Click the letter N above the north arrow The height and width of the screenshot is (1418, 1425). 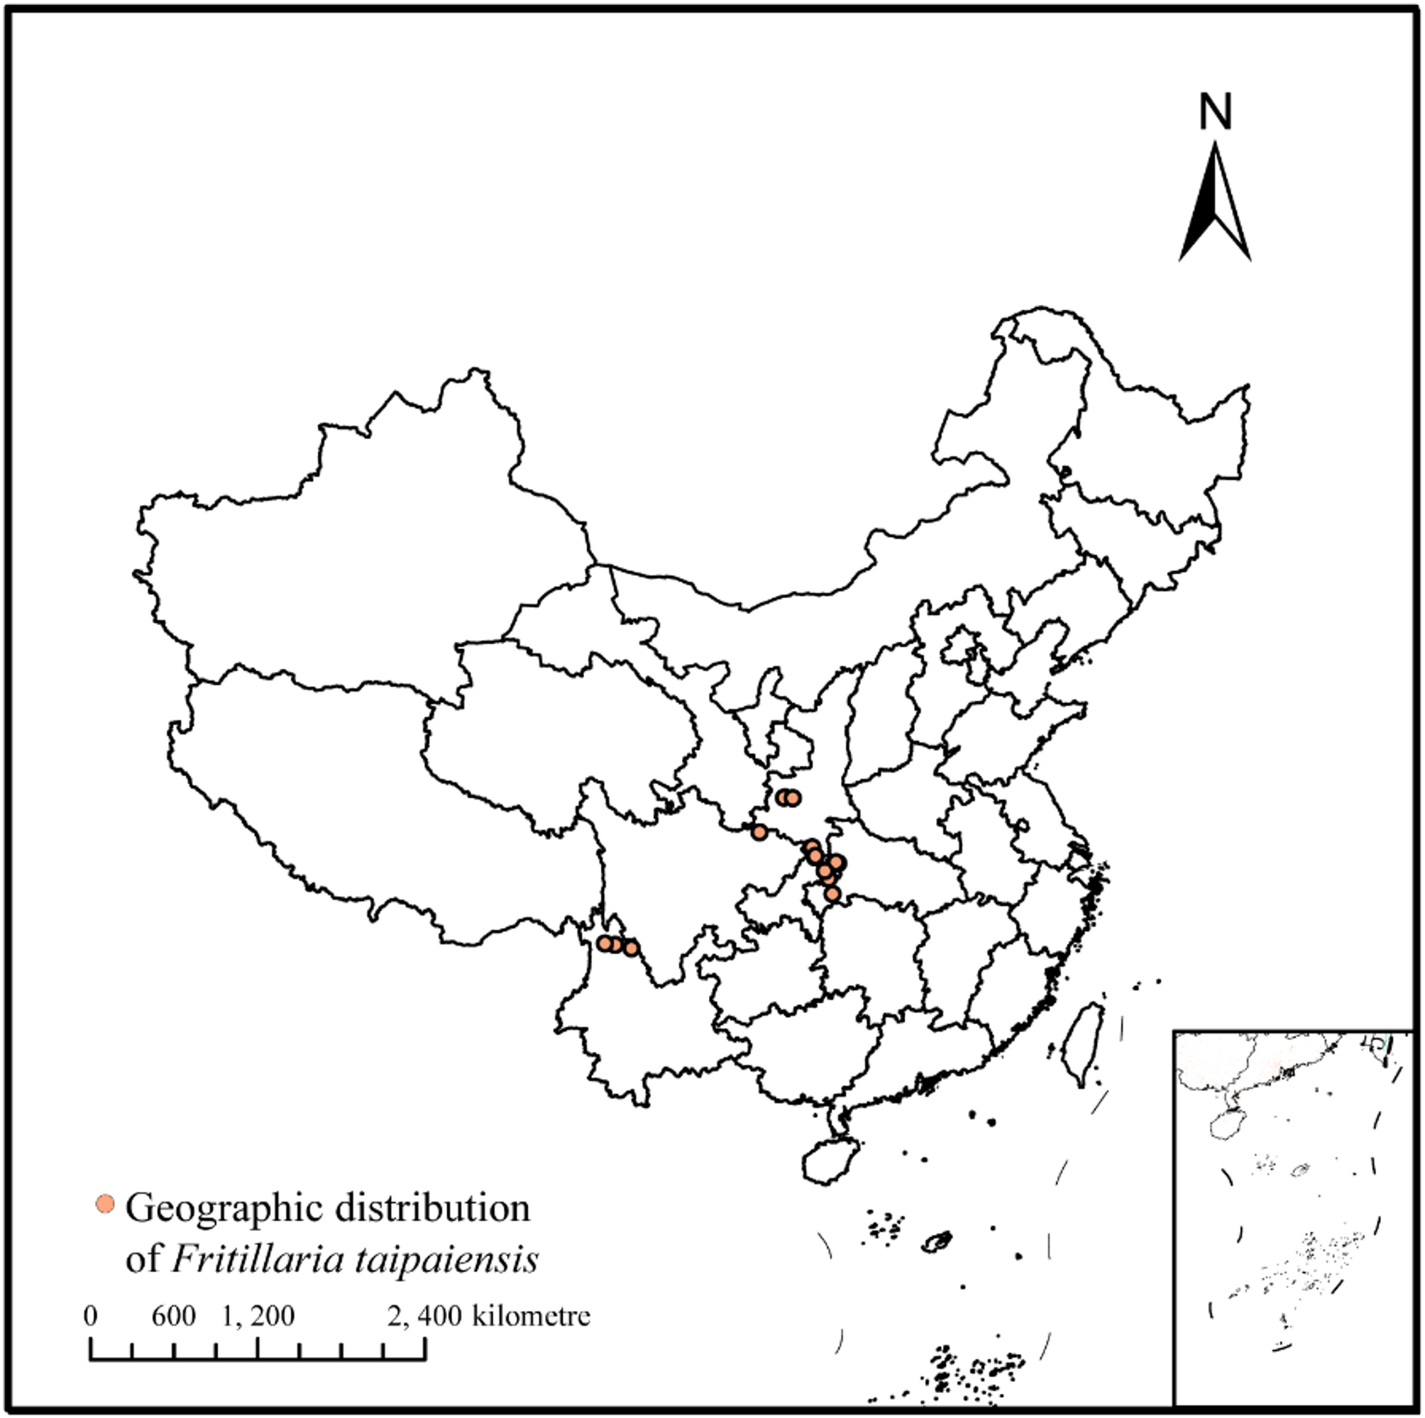point(1215,112)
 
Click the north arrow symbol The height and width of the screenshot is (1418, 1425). point(1215,202)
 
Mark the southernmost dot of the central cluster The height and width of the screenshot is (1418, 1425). point(832,894)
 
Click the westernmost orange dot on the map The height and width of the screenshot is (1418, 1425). point(605,943)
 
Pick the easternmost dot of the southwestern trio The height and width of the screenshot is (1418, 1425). point(631,948)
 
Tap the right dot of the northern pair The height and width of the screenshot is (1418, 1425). point(793,797)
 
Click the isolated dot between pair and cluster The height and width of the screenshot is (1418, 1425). point(759,833)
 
